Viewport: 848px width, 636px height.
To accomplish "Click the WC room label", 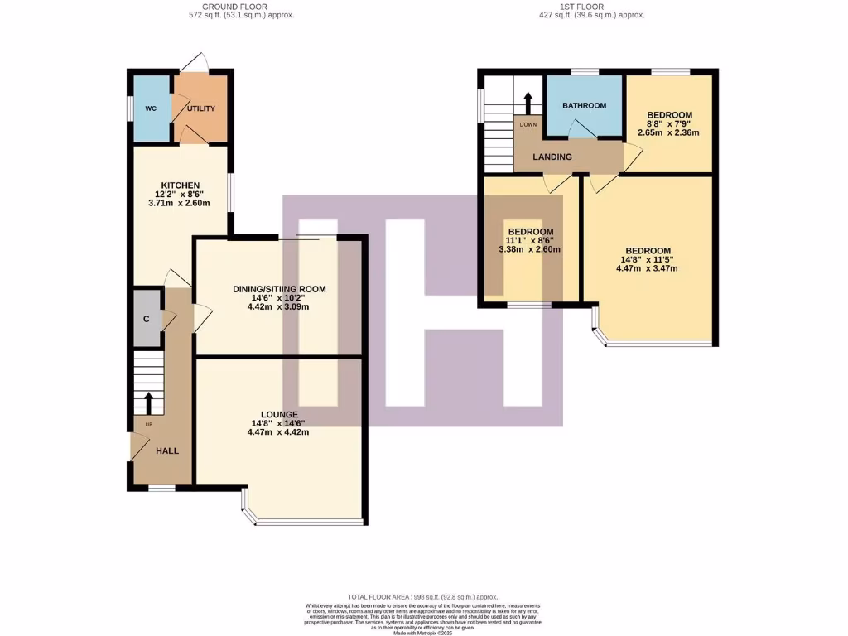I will tap(151, 108).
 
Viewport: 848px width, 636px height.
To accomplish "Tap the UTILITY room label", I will tap(201, 108).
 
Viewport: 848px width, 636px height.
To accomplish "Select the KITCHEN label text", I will tap(181, 185).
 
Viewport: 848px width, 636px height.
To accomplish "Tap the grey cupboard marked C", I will tap(146, 319).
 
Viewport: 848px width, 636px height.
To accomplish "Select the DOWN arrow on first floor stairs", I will tap(528, 104).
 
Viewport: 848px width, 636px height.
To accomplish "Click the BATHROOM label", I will tap(584, 105).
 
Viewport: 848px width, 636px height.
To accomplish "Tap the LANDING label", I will tap(552, 157).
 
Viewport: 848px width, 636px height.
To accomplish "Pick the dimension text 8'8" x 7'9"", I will tap(670, 123).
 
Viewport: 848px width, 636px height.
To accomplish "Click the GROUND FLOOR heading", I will tap(240, 7).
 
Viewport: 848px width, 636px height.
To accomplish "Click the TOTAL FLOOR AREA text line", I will tap(423, 596).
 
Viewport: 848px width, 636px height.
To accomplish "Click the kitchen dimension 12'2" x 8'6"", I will tap(181, 195).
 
